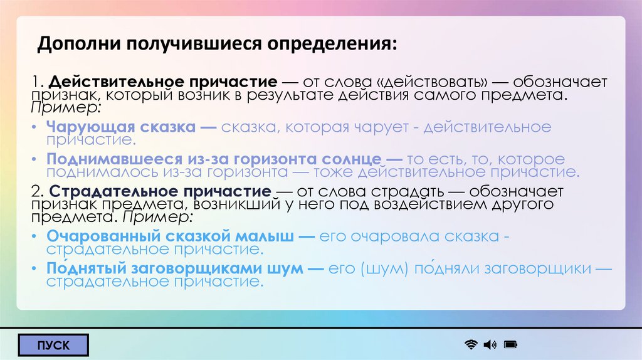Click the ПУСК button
tap(53, 345)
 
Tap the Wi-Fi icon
tap(471, 344)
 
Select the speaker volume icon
tap(490, 344)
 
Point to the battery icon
tap(510, 344)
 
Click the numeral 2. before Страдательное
tap(37, 191)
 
